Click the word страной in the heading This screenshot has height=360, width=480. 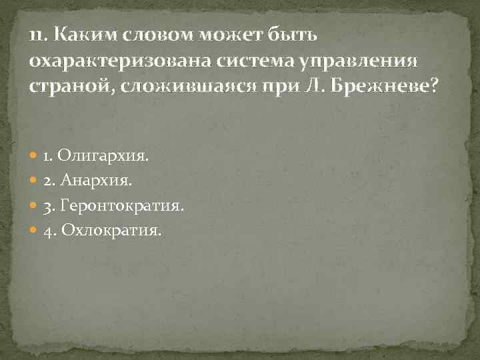point(71,87)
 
